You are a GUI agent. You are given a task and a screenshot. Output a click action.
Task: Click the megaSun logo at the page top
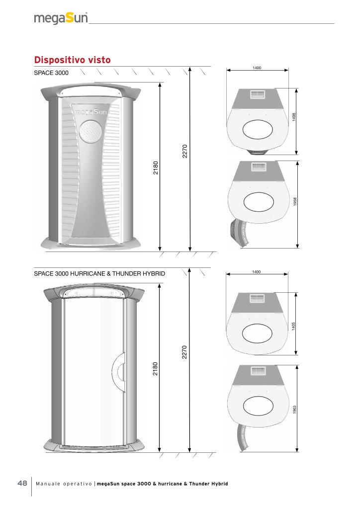point(61,18)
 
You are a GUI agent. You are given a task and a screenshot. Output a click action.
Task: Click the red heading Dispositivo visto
point(73,60)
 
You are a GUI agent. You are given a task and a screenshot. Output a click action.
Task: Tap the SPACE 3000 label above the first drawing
point(51,73)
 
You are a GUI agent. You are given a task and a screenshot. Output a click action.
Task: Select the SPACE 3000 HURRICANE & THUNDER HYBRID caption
point(99,274)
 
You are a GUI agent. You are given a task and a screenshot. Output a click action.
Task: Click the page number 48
point(22,483)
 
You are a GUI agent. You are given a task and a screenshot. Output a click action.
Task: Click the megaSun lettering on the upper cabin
point(90,112)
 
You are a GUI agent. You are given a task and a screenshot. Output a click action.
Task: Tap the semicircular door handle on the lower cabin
point(118,371)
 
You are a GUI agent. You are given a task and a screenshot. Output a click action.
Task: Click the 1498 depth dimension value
point(294,117)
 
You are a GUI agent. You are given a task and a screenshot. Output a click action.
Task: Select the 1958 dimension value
point(295,201)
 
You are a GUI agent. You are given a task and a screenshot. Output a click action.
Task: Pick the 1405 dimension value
point(293,326)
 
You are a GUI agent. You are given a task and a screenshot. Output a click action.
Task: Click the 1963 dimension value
point(295,410)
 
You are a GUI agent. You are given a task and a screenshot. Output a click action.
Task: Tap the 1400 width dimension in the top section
point(257,68)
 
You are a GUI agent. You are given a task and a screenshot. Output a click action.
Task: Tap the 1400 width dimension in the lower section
point(257,272)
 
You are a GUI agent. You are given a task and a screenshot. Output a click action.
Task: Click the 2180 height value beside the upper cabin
point(156,168)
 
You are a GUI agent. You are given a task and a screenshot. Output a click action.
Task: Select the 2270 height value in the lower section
point(184,352)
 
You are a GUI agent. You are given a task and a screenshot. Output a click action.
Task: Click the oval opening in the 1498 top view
point(258,130)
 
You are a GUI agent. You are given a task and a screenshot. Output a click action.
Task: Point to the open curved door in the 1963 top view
point(242,436)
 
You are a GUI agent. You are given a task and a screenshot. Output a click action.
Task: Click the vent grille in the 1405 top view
point(259,298)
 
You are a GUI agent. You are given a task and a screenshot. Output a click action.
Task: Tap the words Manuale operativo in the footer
point(64,484)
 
